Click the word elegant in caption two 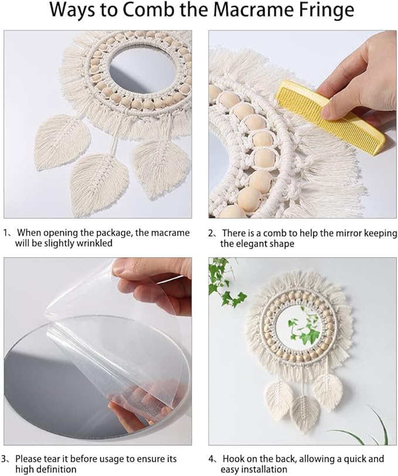click(254, 244)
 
